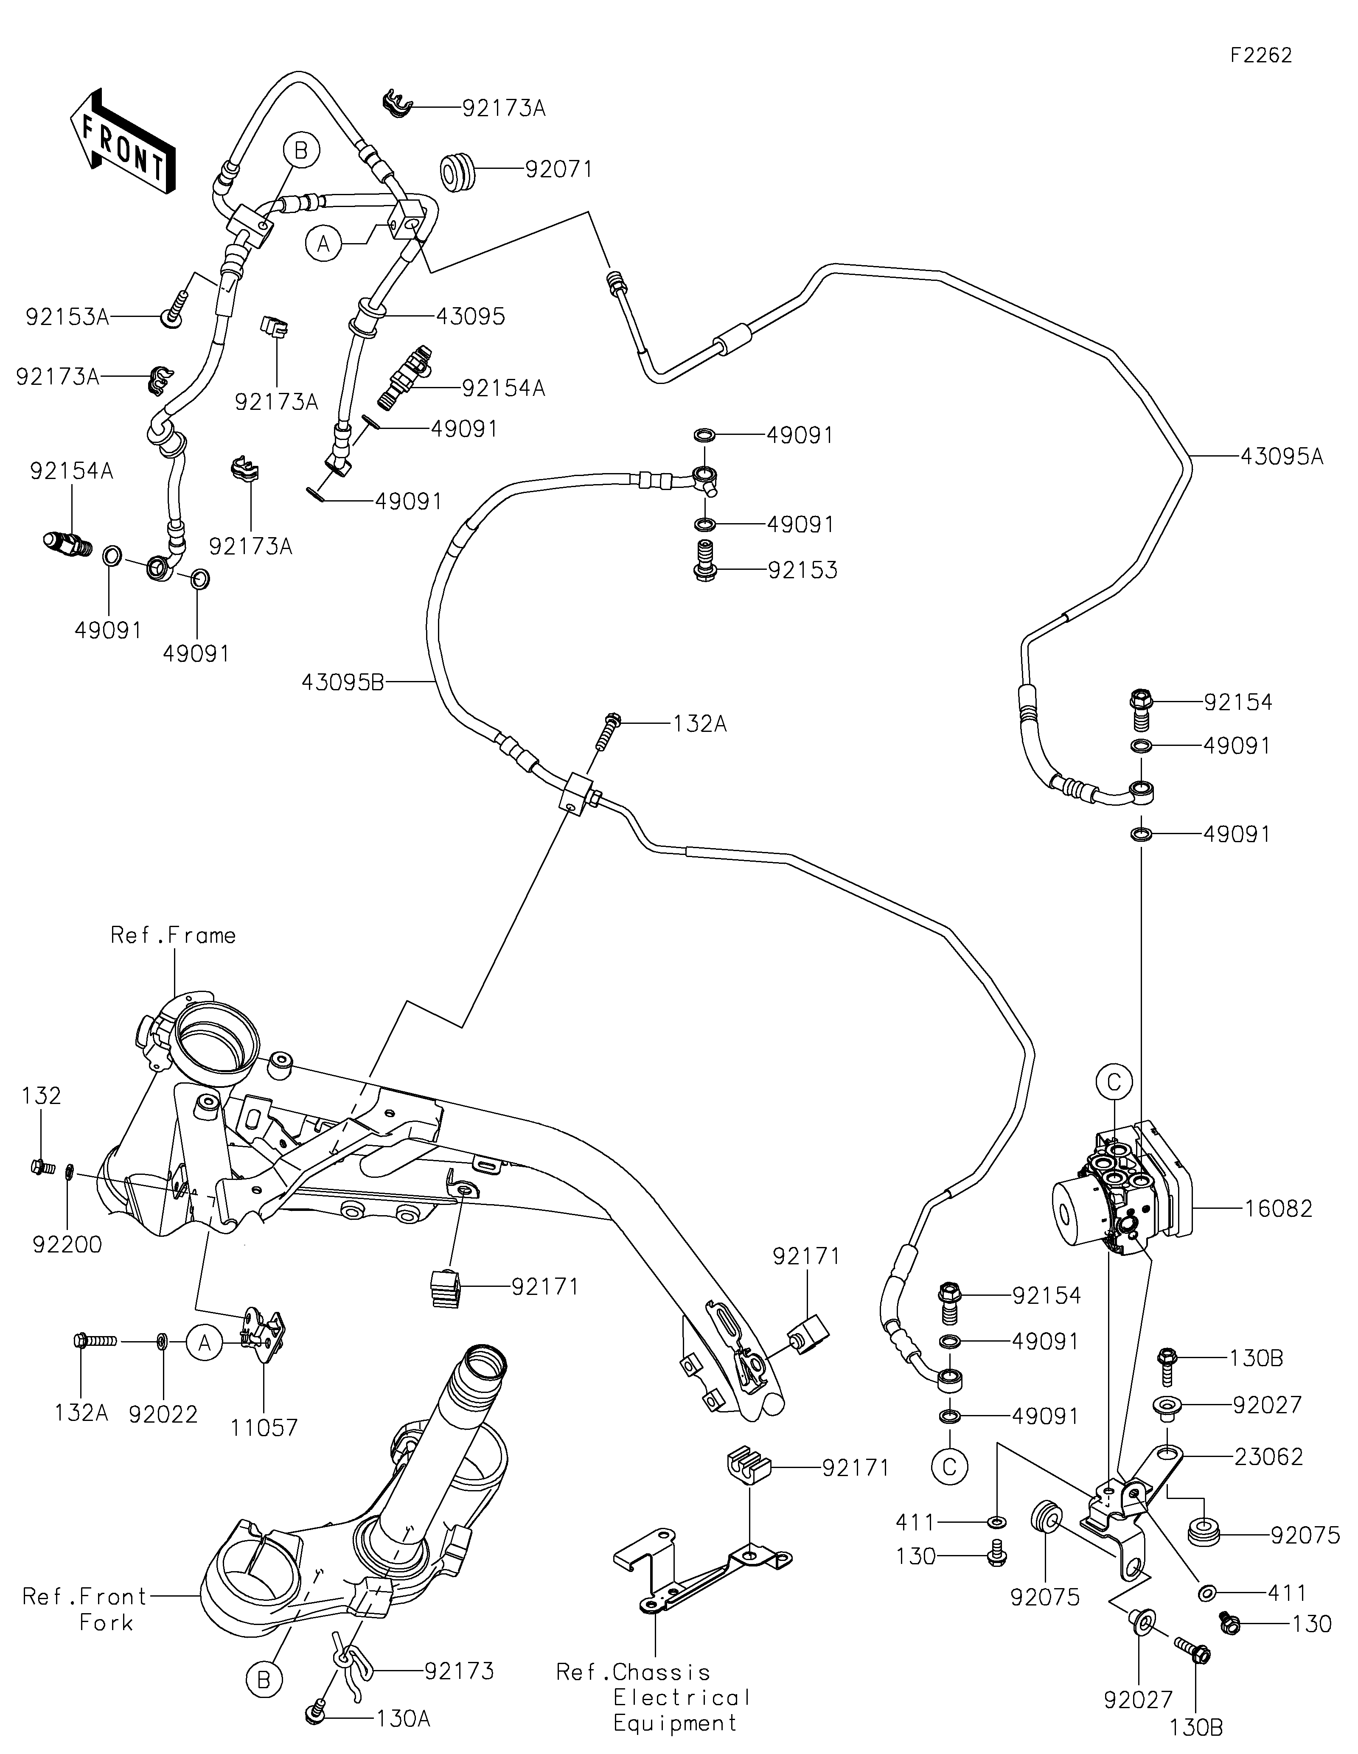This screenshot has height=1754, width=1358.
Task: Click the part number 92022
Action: click(x=163, y=1413)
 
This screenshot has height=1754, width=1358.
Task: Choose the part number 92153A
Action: click(x=67, y=317)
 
